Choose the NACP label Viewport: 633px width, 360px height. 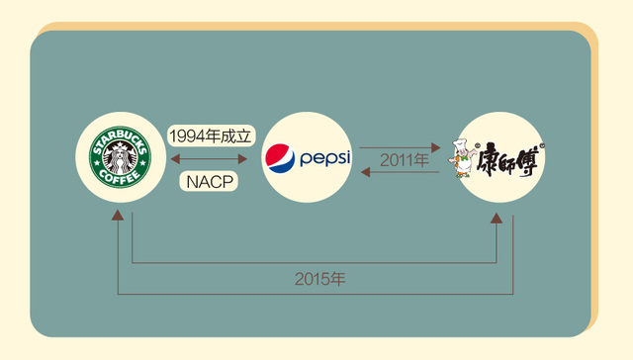[x=210, y=181]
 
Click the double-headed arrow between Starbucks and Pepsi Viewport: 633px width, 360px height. [x=209, y=158]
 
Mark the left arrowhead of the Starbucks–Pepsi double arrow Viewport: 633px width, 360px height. [x=176, y=158]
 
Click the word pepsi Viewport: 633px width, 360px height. [x=324, y=157]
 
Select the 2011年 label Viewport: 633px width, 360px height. [x=402, y=158]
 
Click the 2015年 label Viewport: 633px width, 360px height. [x=318, y=279]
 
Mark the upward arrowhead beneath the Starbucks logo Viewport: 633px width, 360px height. [x=119, y=216]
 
